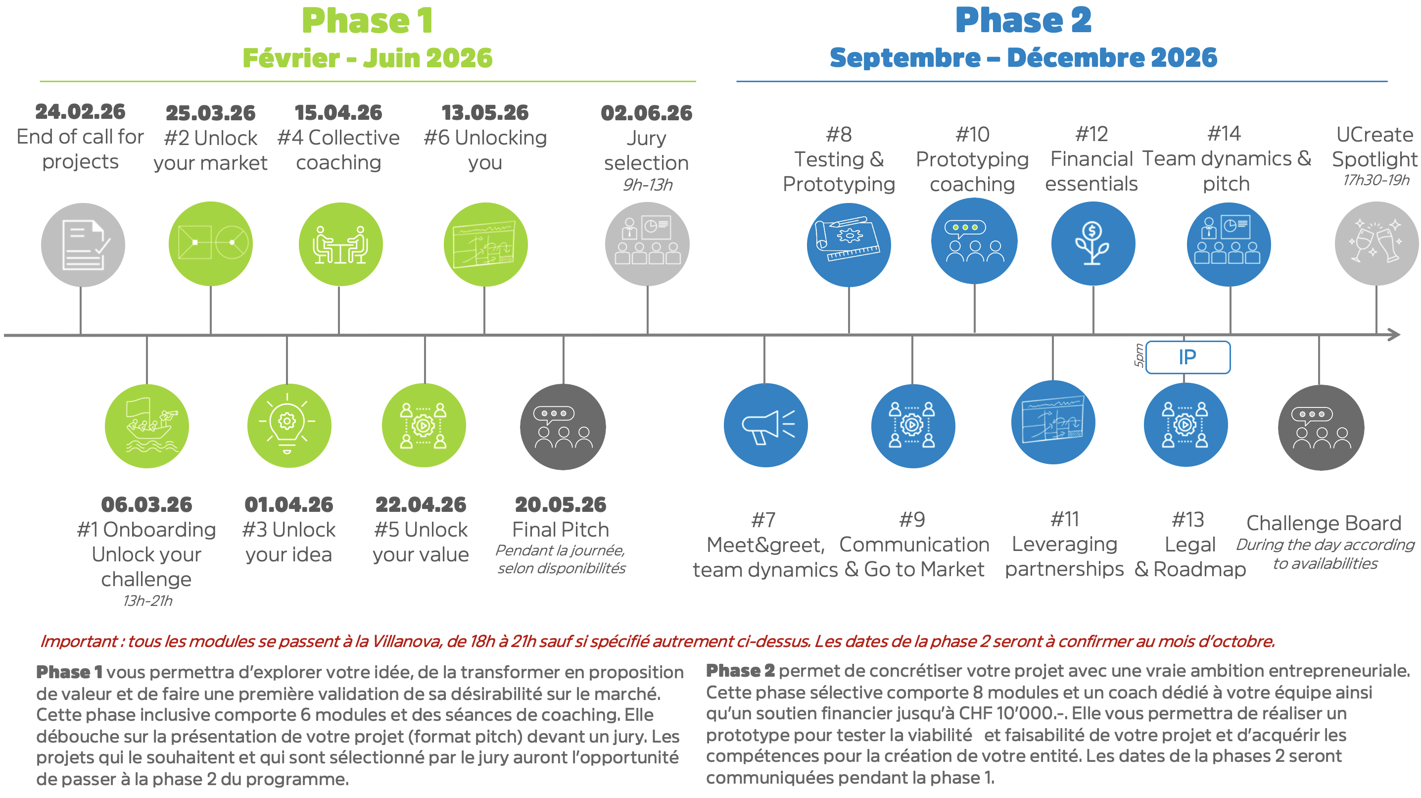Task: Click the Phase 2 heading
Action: click(1023, 21)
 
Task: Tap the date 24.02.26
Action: click(81, 112)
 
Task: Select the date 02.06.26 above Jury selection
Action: click(647, 113)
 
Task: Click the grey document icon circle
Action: click(83, 245)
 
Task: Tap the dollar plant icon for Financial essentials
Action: click(1093, 244)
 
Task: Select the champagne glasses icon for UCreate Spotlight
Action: click(1376, 244)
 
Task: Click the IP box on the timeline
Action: click(1187, 357)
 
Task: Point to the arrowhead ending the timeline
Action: click(1394, 335)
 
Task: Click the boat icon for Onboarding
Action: click(147, 426)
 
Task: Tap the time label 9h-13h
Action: click(648, 185)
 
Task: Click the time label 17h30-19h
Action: click(1376, 180)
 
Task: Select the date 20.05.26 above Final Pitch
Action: click(561, 504)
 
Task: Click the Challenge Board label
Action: click(1324, 523)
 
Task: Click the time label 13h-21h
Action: click(147, 600)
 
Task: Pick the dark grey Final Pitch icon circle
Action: click(563, 427)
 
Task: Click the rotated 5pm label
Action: click(1138, 355)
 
